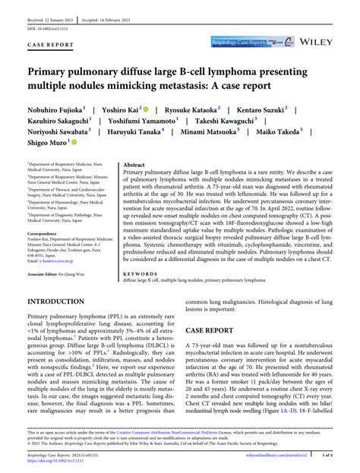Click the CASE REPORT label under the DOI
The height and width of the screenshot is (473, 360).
tap(51, 45)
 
